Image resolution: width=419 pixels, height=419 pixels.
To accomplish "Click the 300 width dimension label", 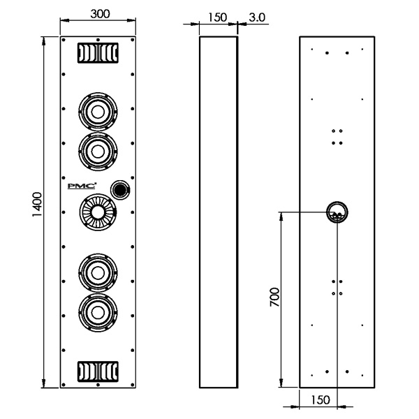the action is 100,14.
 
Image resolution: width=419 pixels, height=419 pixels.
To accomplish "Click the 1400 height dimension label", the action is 37,205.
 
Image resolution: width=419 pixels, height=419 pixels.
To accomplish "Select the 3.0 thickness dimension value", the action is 257,17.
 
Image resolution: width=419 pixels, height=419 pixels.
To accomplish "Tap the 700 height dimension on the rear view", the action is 274,297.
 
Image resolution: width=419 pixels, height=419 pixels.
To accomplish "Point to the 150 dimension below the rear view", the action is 321,400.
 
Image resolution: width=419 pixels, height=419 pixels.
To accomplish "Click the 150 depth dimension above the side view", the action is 217,17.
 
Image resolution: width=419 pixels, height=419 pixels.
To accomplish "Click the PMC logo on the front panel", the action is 82,186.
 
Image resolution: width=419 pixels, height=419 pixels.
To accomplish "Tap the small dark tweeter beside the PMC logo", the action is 120,189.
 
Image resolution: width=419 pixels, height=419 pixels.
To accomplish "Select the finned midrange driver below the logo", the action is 98,212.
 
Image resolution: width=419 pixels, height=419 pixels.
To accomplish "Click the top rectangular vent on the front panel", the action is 98,53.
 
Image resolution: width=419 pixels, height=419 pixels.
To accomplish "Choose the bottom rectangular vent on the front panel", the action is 98,372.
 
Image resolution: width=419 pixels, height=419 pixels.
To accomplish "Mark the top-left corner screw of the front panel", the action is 64,40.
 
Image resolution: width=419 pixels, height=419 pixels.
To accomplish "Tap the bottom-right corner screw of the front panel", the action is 132,385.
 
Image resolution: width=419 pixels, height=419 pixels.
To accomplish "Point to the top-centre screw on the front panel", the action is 98,40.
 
